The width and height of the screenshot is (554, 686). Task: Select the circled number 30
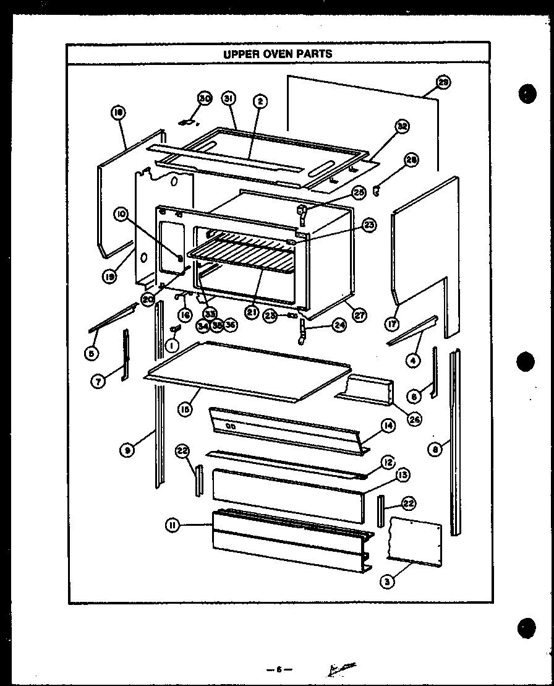click(205, 98)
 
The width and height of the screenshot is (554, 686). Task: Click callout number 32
click(403, 127)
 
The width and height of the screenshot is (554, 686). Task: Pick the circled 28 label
click(411, 160)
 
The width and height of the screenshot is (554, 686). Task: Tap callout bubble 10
click(121, 214)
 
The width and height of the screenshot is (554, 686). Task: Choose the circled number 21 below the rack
click(251, 312)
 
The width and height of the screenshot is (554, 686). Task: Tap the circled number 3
click(388, 581)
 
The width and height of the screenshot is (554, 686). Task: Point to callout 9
click(127, 450)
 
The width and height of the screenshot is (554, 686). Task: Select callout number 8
click(437, 450)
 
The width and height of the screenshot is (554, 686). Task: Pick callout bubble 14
click(388, 426)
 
